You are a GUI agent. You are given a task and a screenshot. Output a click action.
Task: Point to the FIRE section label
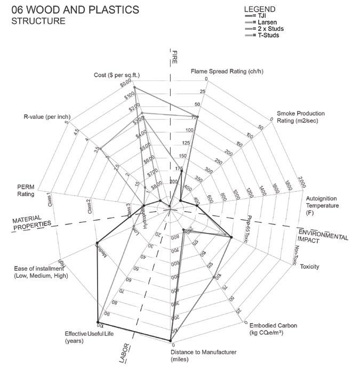[174, 57]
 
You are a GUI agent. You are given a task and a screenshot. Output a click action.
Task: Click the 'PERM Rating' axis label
[26, 190]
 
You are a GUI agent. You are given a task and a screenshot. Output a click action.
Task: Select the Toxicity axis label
[309, 267]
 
